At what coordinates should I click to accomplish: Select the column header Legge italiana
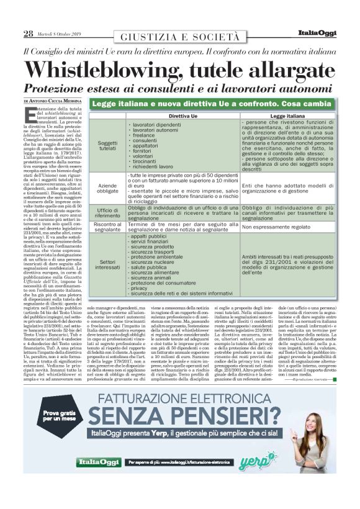[287, 116]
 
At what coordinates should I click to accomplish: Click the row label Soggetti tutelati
[107, 146]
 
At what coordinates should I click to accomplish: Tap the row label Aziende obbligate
[107, 188]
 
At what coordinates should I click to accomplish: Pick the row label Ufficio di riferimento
[107, 214]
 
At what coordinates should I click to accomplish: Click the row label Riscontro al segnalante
[107, 227]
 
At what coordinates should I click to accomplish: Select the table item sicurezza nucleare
[154, 263]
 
